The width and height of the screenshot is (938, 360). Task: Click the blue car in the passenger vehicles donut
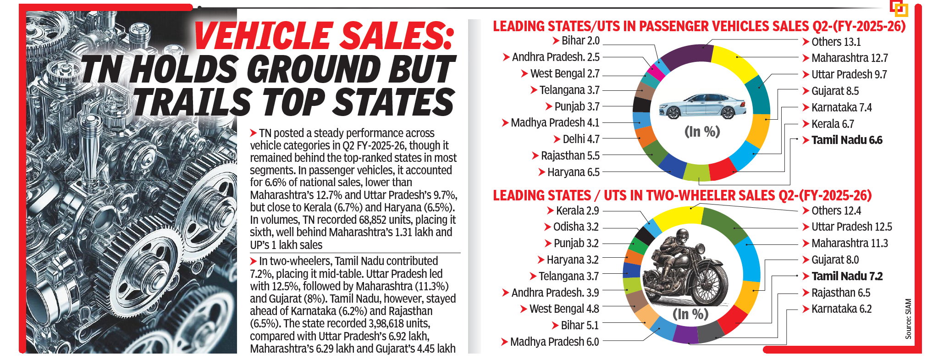[x=702, y=106]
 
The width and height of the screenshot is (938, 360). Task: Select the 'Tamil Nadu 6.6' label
[x=846, y=140]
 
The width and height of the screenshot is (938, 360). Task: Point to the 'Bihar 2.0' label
[x=580, y=41]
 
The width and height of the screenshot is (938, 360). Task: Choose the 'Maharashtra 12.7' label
[x=849, y=58]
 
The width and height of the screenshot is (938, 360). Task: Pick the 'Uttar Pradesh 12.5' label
[x=851, y=227]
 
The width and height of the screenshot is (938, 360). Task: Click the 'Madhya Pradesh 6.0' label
[x=554, y=342]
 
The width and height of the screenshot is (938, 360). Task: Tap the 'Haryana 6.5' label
[x=573, y=172]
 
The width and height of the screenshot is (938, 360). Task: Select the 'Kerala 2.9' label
[x=577, y=211]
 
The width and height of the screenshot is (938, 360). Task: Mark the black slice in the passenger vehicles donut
[x=641, y=105]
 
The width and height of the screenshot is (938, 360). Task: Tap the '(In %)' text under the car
[x=702, y=132]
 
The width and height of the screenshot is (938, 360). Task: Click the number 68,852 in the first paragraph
[x=375, y=220]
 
